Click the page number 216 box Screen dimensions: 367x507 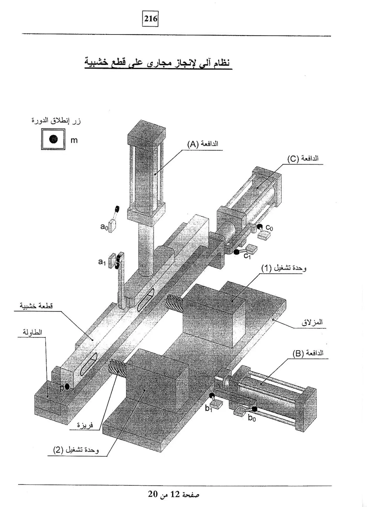150,19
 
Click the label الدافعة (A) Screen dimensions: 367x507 202,144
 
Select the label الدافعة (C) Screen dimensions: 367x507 303,158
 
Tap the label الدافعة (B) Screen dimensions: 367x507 308,353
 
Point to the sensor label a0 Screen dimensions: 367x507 104,227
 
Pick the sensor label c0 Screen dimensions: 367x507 269,228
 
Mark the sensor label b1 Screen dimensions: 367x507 209,408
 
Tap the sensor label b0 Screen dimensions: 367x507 252,418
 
